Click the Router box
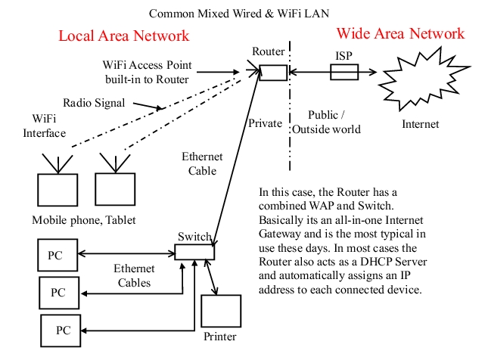point(273,72)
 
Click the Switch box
point(195,252)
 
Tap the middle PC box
point(58,291)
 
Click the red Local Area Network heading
point(124,36)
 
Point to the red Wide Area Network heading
point(400,34)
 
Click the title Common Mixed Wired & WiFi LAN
point(239,13)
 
